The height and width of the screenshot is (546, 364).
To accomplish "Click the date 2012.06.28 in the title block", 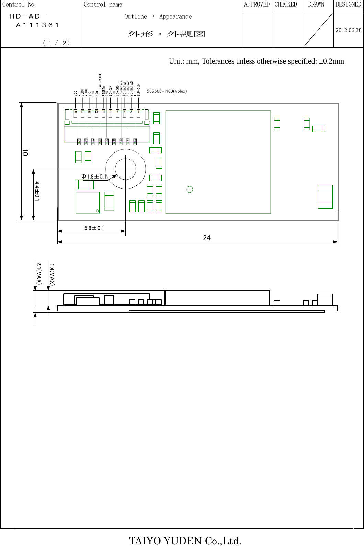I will tap(348, 30).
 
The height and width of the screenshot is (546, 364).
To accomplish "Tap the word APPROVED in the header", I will tap(257, 4).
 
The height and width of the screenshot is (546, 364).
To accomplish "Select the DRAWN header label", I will tap(316, 4).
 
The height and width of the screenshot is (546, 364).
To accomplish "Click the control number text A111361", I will tap(38, 25).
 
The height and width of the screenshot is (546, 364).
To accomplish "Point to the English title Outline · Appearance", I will tap(158, 16).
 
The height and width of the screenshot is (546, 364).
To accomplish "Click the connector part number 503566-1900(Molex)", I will tap(167, 91).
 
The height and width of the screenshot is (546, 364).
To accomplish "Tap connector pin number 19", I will tap(76, 112).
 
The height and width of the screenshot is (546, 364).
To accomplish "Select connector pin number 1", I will tap(138, 112).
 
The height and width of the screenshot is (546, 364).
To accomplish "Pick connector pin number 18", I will tap(79, 140).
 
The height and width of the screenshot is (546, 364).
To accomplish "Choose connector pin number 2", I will tap(135, 140).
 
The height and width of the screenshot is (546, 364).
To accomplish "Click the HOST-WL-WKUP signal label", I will tap(100, 84).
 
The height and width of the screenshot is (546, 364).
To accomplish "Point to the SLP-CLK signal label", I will tap(139, 89).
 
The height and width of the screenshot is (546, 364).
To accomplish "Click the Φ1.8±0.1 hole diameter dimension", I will tap(94, 177).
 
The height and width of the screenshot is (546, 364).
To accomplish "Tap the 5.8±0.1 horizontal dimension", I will tap(94, 228).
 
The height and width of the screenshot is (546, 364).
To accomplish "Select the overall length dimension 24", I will tap(207, 238).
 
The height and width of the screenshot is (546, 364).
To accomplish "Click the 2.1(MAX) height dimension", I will tap(39, 273).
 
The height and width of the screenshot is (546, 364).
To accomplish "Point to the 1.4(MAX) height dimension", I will tap(52, 274).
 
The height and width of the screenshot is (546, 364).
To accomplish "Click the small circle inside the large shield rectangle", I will tap(190, 190).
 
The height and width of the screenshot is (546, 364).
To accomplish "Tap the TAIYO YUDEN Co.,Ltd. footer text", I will tap(185, 541).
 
